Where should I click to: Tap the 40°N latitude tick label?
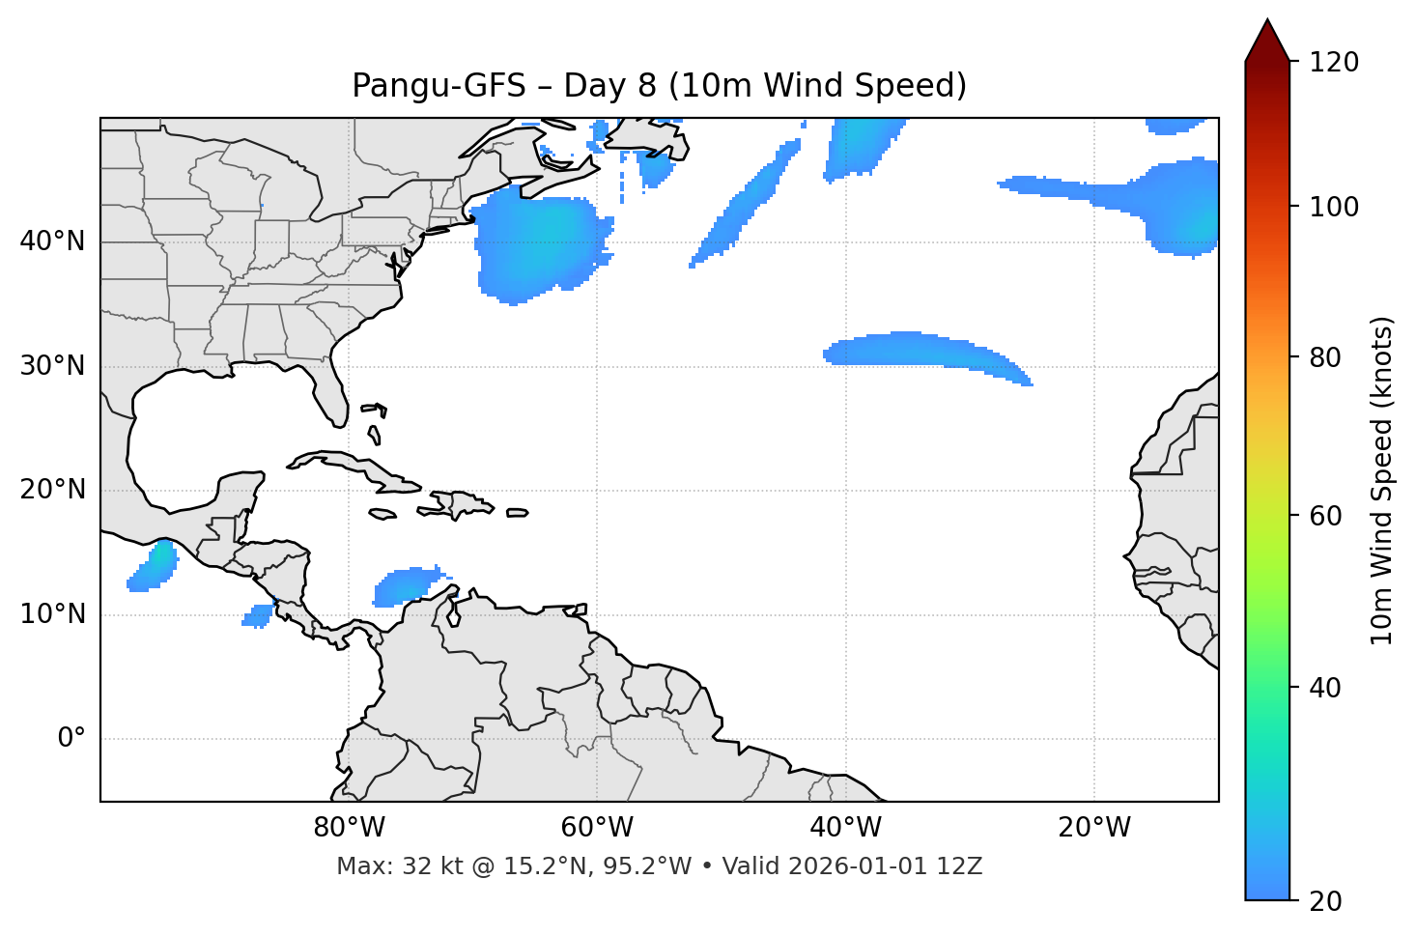pos(52,241)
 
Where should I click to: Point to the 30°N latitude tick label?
pos(52,366)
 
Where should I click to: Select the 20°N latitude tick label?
pos(52,490)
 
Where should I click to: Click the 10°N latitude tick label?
pos(52,614)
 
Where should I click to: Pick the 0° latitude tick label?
pos(71,739)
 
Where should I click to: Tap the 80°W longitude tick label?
pos(349,828)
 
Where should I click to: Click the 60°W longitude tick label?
pos(597,828)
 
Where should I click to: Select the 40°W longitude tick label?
pos(845,828)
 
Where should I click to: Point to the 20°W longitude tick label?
pos(1093,828)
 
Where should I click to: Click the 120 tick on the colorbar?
pos(1334,63)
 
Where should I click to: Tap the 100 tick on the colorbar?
pos(1334,207)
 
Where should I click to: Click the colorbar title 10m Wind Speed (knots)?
pos(1382,480)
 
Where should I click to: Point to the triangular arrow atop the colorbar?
pos(1267,41)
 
